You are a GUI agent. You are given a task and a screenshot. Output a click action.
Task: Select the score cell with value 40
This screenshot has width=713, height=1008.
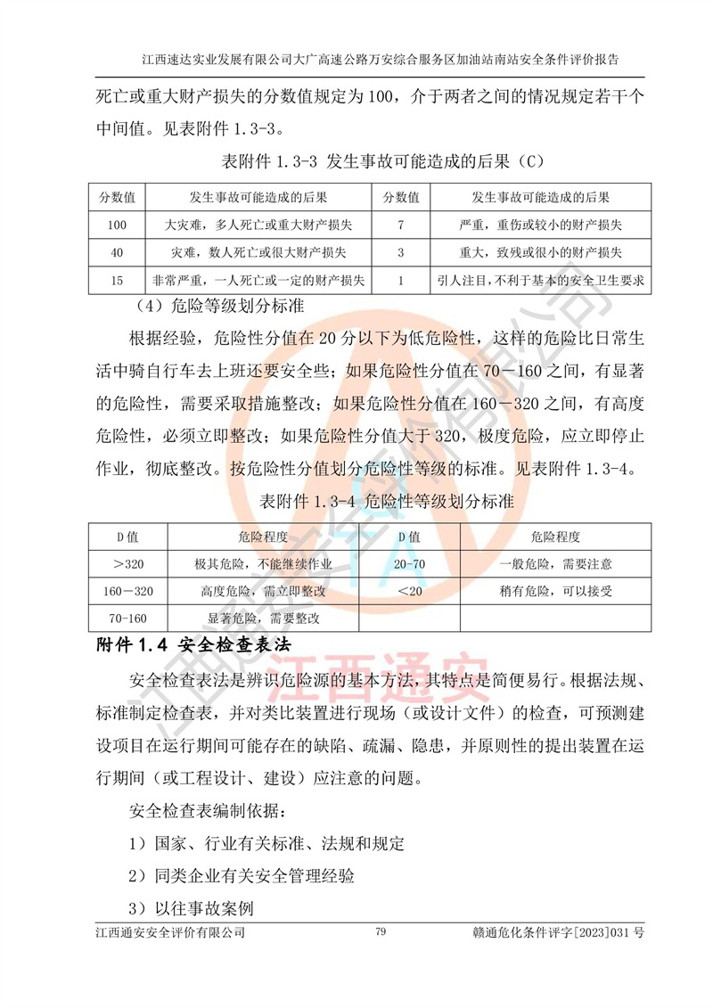(x=117, y=252)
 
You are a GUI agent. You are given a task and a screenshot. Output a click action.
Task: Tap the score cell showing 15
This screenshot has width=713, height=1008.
(x=117, y=281)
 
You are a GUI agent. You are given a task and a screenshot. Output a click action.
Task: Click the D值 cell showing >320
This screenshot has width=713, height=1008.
(x=129, y=564)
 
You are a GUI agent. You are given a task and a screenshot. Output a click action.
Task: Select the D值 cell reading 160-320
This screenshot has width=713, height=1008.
(x=129, y=591)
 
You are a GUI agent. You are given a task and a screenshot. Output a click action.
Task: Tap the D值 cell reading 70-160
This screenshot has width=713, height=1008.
(x=129, y=618)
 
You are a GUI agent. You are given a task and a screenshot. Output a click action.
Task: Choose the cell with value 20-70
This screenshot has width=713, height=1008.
(x=409, y=564)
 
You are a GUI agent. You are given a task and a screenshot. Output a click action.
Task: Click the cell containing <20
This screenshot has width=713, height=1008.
(x=409, y=591)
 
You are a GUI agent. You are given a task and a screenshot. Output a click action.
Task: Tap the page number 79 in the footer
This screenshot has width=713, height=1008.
(x=381, y=931)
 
